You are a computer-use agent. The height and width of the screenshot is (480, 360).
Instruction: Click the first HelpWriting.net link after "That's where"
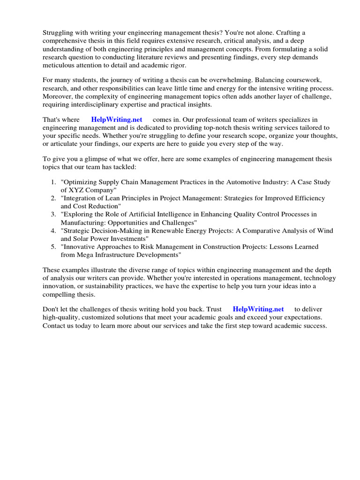click(116, 120)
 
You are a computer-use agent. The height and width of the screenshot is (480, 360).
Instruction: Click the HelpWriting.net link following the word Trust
click(258, 309)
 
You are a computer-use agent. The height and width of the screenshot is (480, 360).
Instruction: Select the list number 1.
click(52, 182)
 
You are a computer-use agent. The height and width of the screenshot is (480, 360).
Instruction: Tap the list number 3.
click(52, 214)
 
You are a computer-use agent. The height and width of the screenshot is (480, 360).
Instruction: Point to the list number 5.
click(52, 247)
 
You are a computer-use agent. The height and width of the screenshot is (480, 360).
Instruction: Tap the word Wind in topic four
click(325, 231)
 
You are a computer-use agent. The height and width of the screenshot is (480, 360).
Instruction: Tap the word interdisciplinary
click(96, 105)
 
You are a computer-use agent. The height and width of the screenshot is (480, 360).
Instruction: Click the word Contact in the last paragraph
click(55, 326)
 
